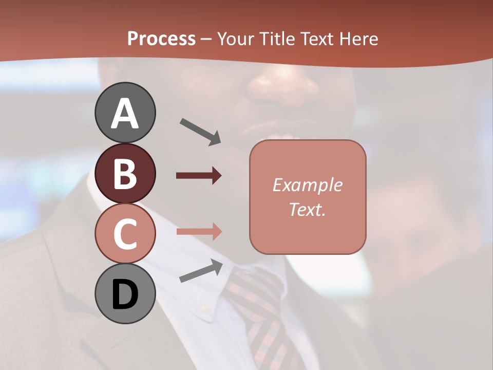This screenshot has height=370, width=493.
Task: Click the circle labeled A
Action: click(x=125, y=113)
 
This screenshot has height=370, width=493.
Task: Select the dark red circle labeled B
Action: click(x=125, y=173)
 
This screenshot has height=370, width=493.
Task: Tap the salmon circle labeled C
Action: click(x=125, y=233)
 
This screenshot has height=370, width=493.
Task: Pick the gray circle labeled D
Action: click(x=125, y=293)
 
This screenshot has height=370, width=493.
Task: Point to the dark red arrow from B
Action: click(x=199, y=176)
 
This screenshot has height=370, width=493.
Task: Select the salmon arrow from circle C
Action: click(x=199, y=231)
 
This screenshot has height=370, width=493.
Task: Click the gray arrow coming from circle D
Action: click(x=201, y=271)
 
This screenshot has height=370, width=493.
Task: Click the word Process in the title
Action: click(x=161, y=39)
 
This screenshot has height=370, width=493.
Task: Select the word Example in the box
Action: click(x=308, y=185)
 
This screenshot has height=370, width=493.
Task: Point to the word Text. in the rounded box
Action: click(x=308, y=209)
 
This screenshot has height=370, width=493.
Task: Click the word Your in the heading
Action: click(x=236, y=39)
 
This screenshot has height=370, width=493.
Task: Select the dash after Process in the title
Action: click(x=206, y=39)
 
